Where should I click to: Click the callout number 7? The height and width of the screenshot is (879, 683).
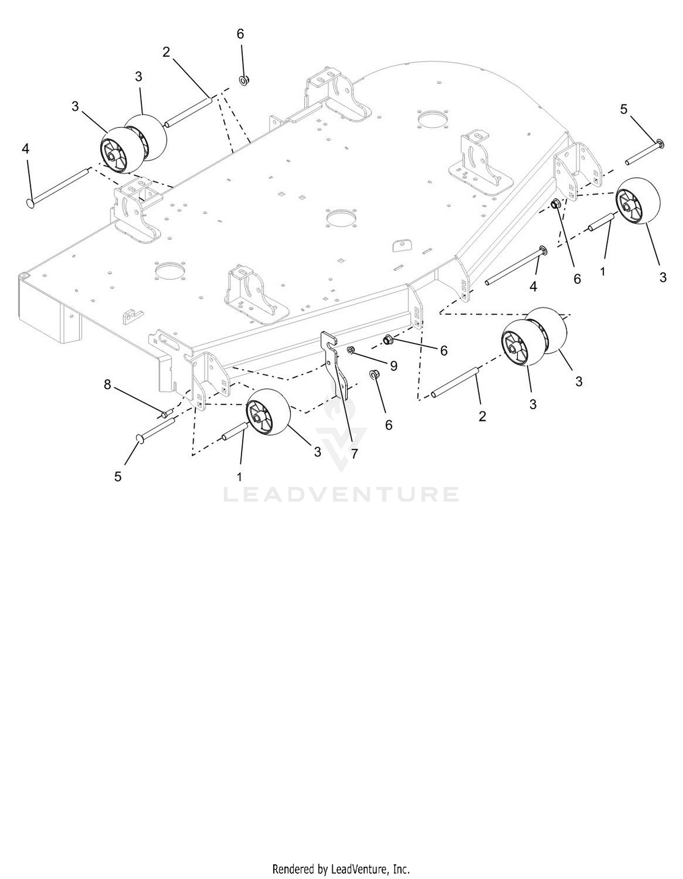pyautogui.click(x=354, y=453)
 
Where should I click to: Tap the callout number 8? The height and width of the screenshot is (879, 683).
pyautogui.click(x=107, y=385)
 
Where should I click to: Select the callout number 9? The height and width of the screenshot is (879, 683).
pyautogui.click(x=393, y=366)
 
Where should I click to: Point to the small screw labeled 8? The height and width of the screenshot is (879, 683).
pyautogui.click(x=167, y=413)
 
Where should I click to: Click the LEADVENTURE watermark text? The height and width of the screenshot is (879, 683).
pyautogui.click(x=341, y=494)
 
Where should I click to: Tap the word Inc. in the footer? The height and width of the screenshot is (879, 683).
pyautogui.click(x=400, y=869)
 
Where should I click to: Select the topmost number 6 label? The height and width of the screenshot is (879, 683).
pyautogui.click(x=240, y=34)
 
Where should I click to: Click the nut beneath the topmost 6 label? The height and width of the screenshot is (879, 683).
pyautogui.click(x=244, y=81)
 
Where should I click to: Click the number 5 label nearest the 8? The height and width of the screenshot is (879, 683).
pyautogui.click(x=118, y=477)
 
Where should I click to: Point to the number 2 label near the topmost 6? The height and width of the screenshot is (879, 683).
pyautogui.click(x=166, y=52)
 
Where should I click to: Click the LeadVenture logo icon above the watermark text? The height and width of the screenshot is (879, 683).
pyautogui.click(x=341, y=434)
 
